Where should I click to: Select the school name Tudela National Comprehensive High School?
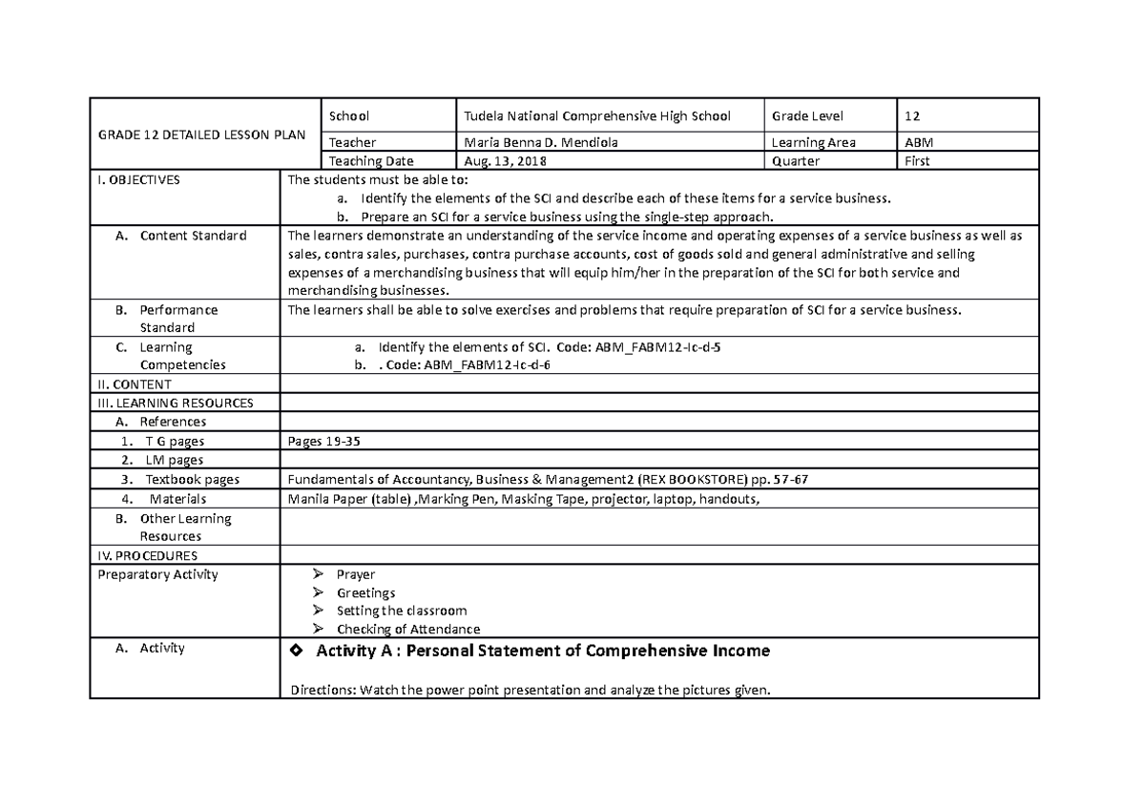(x=596, y=116)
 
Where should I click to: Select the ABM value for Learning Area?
(x=914, y=143)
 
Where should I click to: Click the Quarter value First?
(x=917, y=161)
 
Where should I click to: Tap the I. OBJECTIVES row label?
(x=137, y=179)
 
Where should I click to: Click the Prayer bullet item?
(x=355, y=574)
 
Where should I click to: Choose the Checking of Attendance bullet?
(x=407, y=630)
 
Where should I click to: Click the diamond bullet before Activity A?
(x=295, y=651)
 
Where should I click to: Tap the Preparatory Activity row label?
(x=157, y=574)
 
